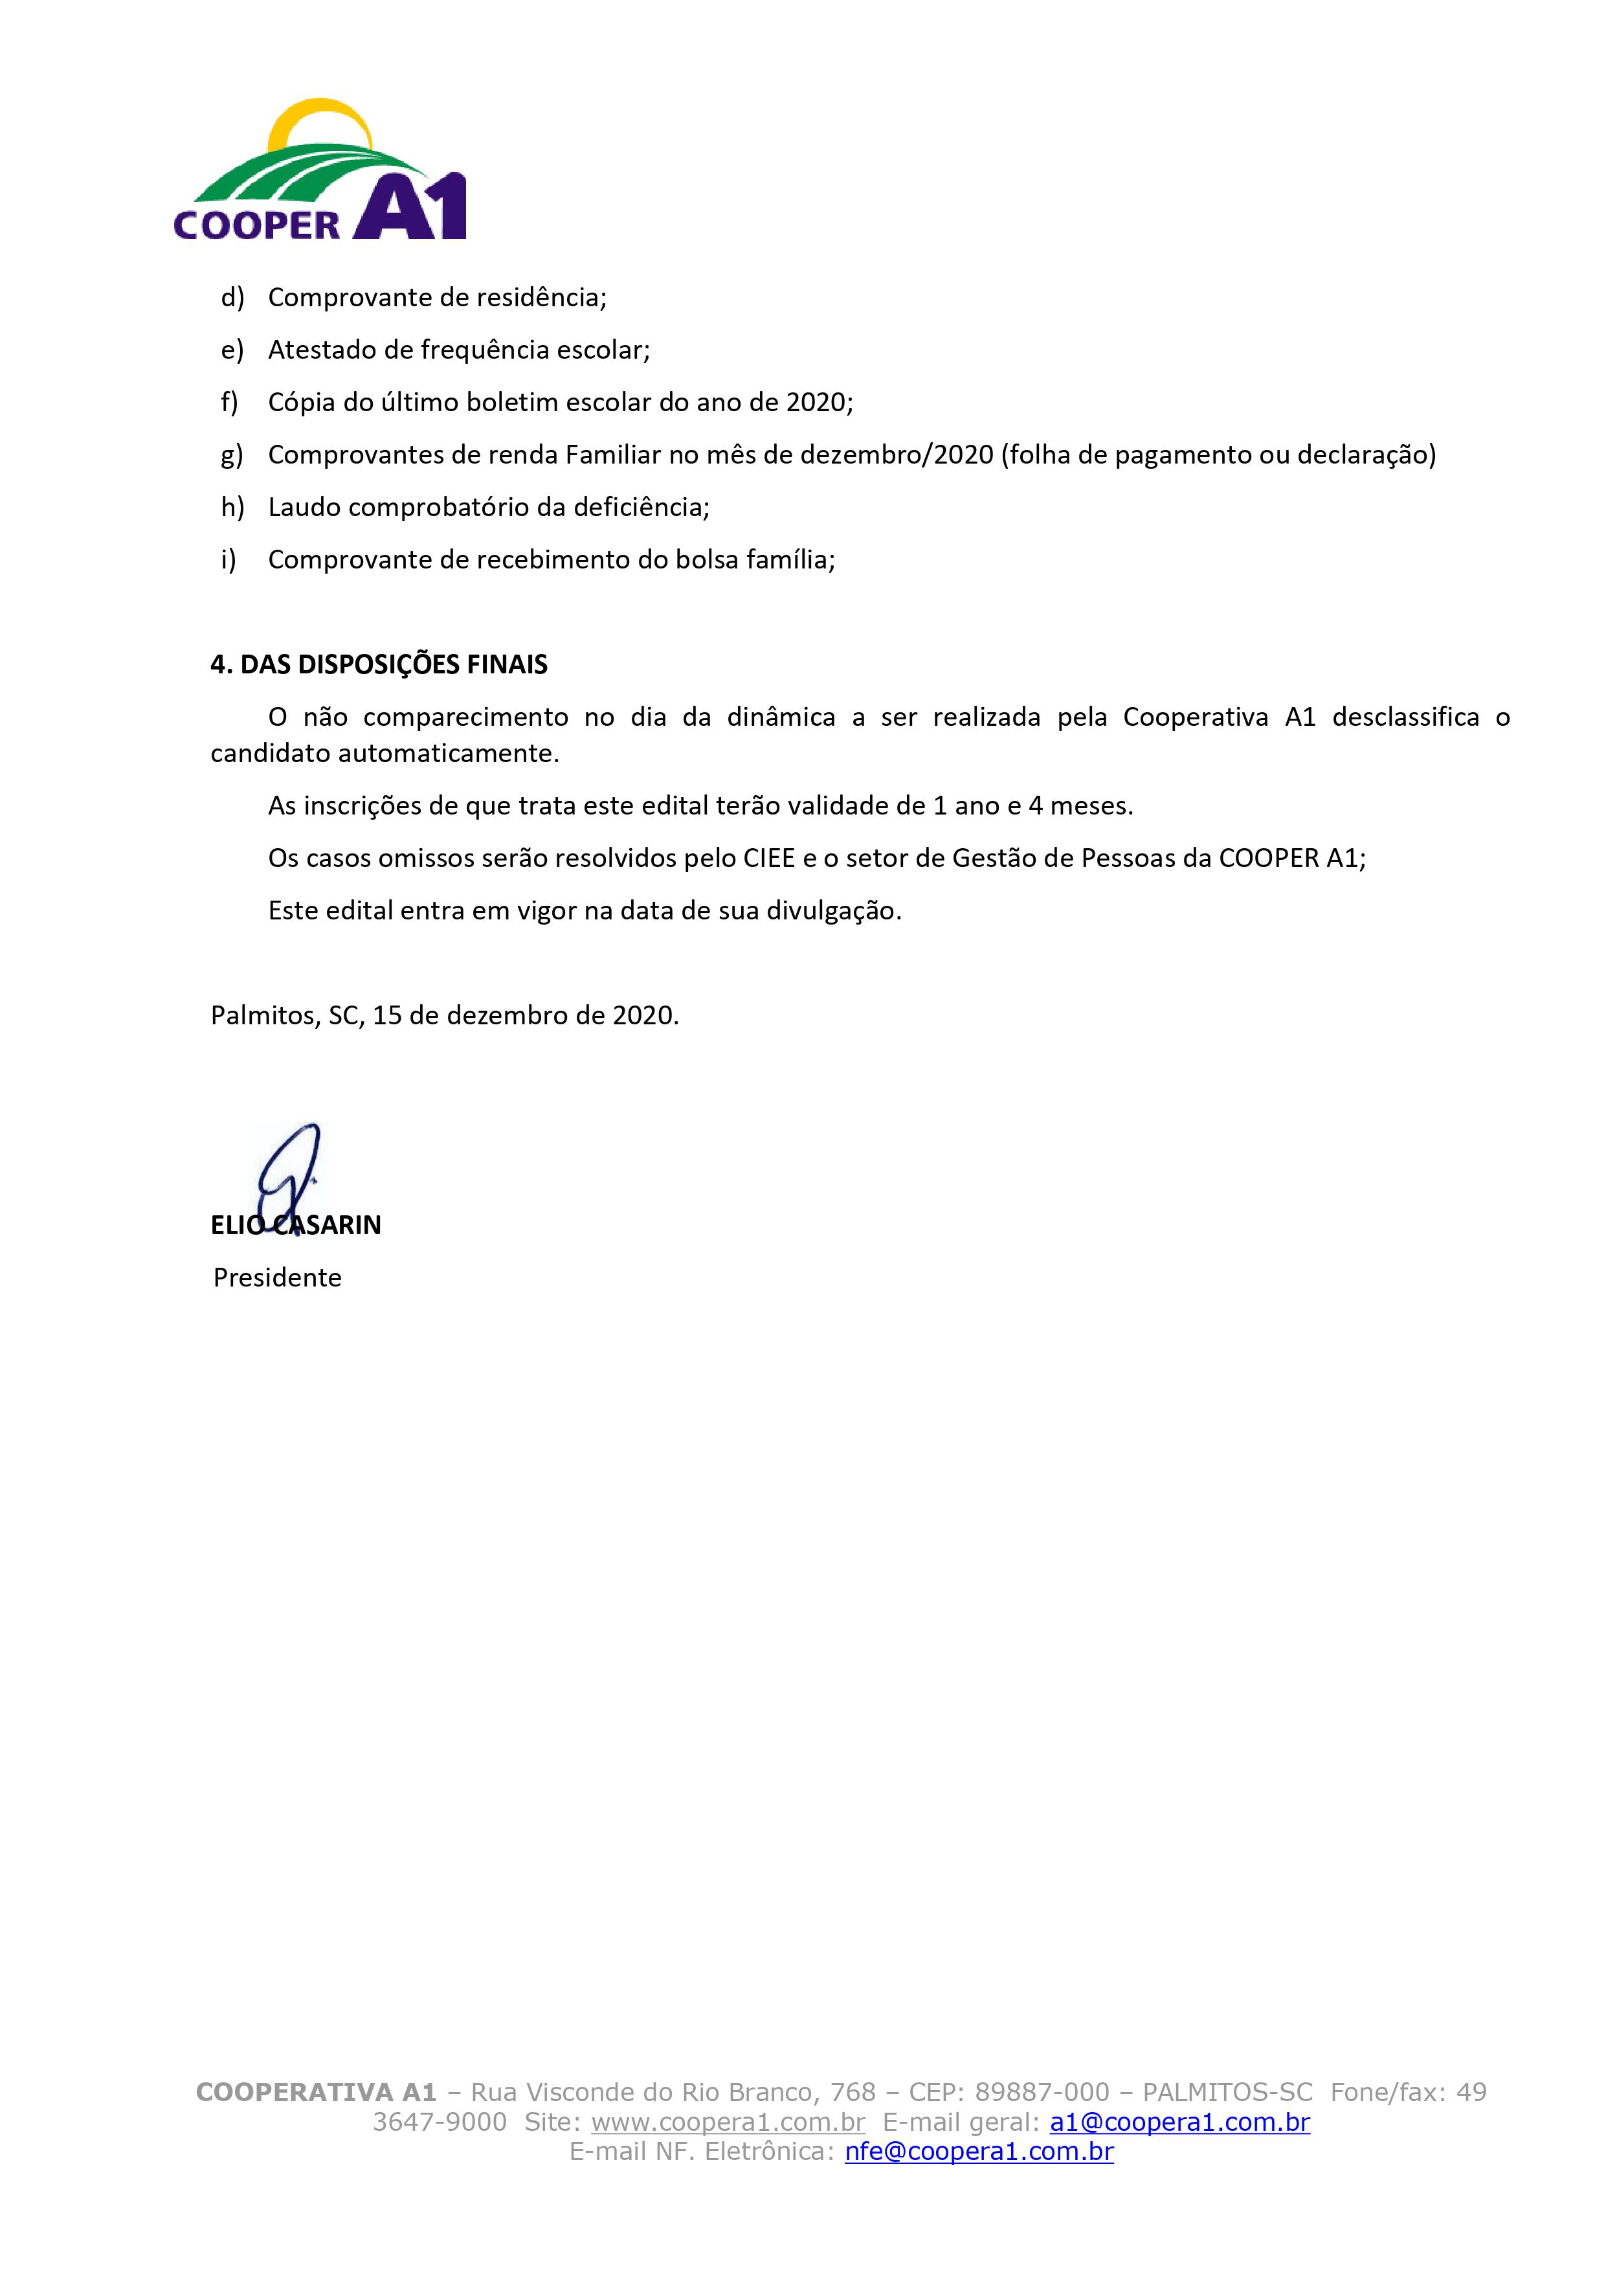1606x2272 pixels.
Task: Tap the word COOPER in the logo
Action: [x=256, y=223]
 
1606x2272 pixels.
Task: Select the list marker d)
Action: [x=232, y=297]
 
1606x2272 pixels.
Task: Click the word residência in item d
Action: [x=541, y=297]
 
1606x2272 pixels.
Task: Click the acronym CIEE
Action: [x=769, y=857]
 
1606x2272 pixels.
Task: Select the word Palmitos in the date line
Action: [x=263, y=1015]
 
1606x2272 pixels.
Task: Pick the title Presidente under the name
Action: [x=277, y=1277]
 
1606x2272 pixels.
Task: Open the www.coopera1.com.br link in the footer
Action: [x=728, y=2122]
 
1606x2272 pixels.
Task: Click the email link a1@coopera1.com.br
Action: [x=1179, y=2122]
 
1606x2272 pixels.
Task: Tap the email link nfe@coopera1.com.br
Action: [x=979, y=2152]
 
